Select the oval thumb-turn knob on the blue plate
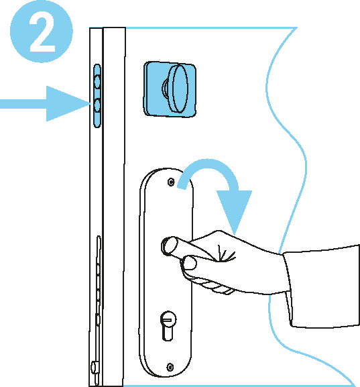[178, 89]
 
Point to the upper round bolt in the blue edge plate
[97, 81]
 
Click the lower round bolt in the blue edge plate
[97, 105]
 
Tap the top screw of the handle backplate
[171, 182]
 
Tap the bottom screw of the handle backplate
[170, 367]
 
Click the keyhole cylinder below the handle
[168, 326]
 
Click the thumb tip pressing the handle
[190, 262]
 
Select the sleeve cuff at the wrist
[288, 289]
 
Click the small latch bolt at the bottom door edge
[95, 368]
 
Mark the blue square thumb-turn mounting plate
[170, 89]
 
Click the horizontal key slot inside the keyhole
[168, 321]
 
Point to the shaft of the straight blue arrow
[23, 104]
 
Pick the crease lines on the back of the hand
[225, 254]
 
